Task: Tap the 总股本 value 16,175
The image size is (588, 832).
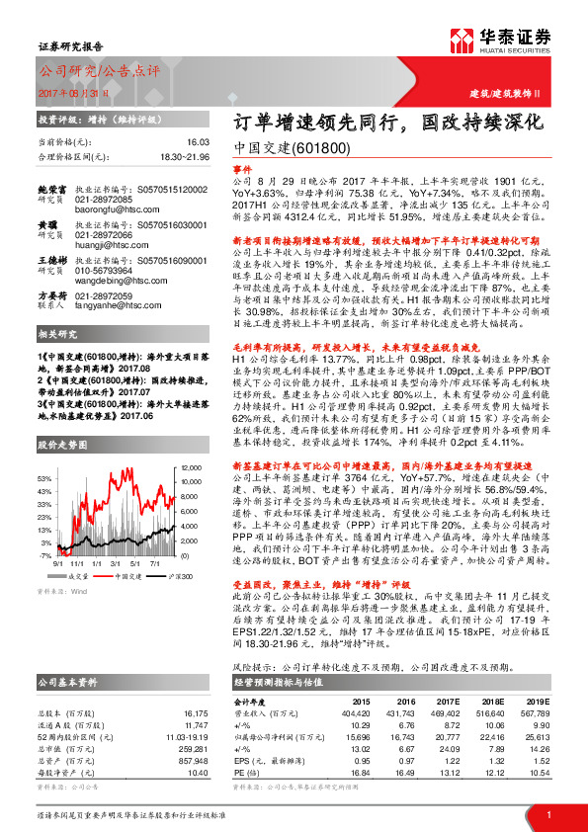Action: tap(198, 711)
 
